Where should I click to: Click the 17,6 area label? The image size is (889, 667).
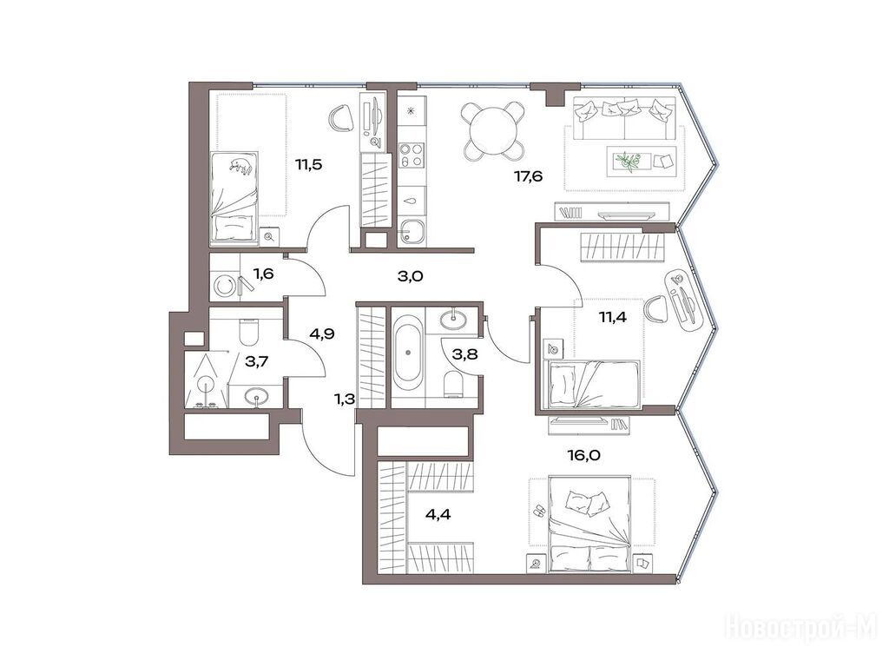(529, 176)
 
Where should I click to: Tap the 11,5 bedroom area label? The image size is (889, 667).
(308, 165)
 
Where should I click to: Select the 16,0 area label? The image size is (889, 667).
(584, 455)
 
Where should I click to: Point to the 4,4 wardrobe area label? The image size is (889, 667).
(440, 517)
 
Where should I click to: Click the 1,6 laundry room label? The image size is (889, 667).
(264, 274)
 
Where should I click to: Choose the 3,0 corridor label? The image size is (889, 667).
(411, 277)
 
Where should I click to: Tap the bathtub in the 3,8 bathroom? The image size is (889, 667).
(408, 352)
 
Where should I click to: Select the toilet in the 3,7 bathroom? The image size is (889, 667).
(249, 331)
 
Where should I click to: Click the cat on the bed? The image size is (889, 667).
(242, 165)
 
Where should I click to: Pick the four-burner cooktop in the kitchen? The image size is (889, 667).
(411, 155)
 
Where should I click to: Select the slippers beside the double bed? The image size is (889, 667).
(538, 508)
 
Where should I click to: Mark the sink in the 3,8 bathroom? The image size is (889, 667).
(454, 316)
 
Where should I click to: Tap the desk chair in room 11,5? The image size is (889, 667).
(340, 118)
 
